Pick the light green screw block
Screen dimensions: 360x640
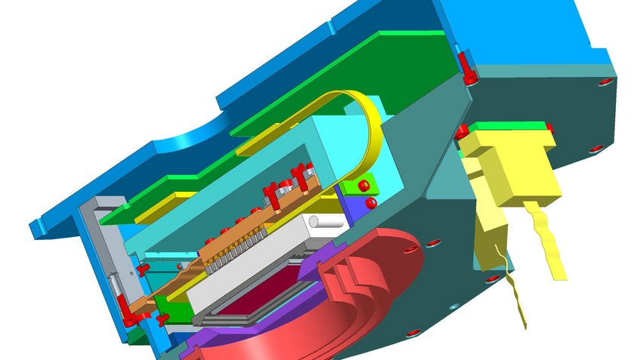click(x=352, y=186)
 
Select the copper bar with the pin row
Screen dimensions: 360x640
click(x=226, y=242)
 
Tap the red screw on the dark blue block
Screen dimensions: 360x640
click(x=370, y=203)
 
